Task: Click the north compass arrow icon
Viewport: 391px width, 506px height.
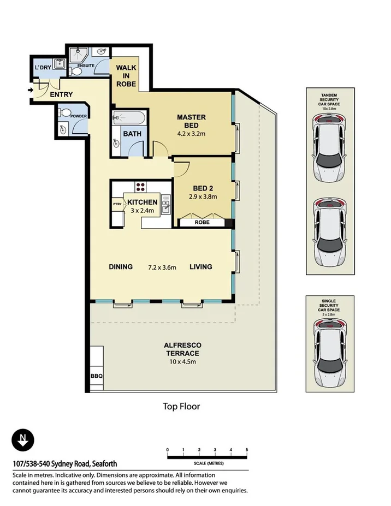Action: coord(22,440)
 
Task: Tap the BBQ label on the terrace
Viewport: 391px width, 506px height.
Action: coord(97,376)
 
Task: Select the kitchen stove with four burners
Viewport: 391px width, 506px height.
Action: coord(140,187)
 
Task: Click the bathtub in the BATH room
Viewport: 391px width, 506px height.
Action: coord(129,118)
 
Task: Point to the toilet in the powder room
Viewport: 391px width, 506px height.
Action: coord(64,112)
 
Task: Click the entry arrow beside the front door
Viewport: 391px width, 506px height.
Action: coord(31,90)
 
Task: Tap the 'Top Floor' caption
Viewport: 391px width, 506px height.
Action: coord(181,406)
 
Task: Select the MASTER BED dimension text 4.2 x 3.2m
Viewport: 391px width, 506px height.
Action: coord(191,134)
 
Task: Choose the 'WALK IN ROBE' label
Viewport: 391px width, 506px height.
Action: coord(126,76)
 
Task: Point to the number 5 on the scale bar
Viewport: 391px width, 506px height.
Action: coord(247,450)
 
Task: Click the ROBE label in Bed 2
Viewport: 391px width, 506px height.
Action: coord(202,222)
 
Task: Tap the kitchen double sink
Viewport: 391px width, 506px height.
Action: coord(165,205)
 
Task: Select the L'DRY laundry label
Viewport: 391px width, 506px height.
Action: coord(43,68)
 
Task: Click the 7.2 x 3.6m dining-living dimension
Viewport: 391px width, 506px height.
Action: coord(162,267)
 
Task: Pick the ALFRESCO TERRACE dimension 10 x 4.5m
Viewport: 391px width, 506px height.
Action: coord(183,362)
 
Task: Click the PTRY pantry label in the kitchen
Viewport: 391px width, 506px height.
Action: coord(117,204)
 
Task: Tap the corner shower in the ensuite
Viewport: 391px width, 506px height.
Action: coord(79,55)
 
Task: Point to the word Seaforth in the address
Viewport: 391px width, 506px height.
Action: coord(105,464)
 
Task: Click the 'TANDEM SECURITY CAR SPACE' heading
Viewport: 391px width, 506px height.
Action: coord(329,100)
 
